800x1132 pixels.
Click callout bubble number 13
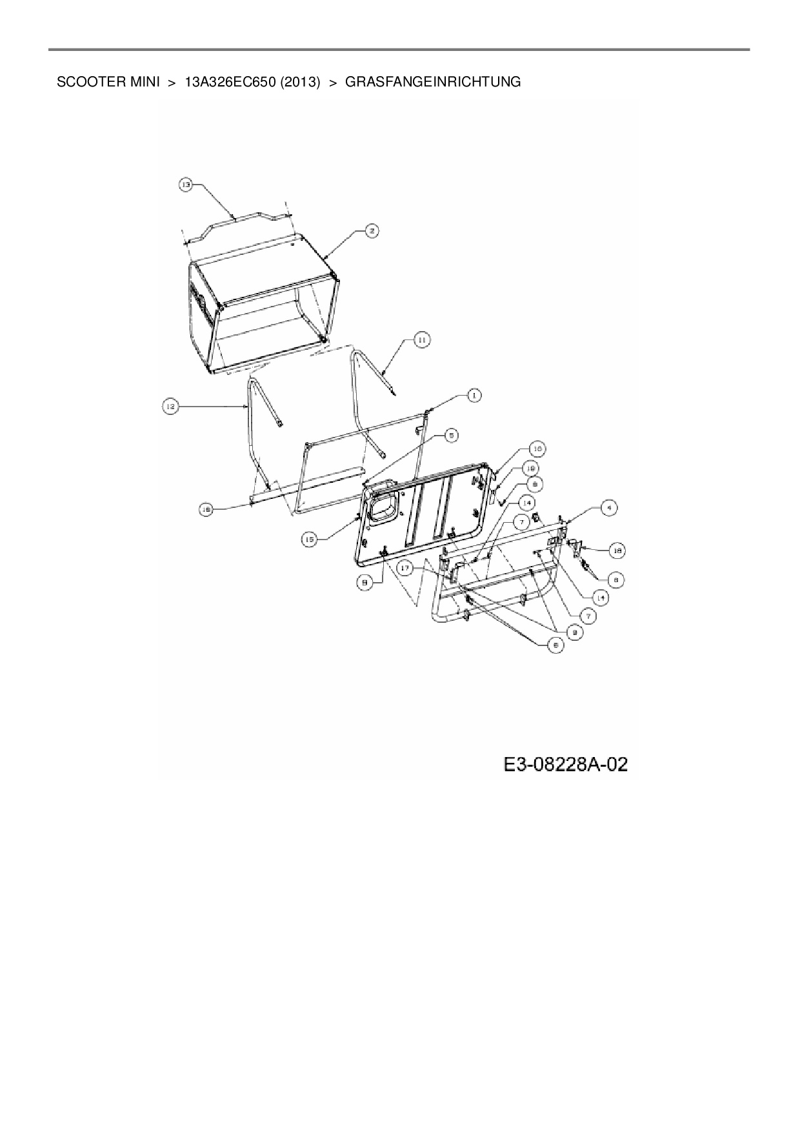click(186, 185)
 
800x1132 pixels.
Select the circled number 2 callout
click(372, 230)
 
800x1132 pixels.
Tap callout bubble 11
click(421, 339)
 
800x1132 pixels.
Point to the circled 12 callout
click(169, 406)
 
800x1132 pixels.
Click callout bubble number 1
click(474, 394)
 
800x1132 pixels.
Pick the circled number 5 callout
click(451, 436)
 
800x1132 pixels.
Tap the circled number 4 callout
click(608, 508)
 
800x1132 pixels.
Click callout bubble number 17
click(405, 569)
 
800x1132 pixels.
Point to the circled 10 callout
click(536, 449)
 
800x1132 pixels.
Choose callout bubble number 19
click(531, 467)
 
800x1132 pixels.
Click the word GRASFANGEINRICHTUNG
click(433, 83)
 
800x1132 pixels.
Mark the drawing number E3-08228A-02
click(565, 765)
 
